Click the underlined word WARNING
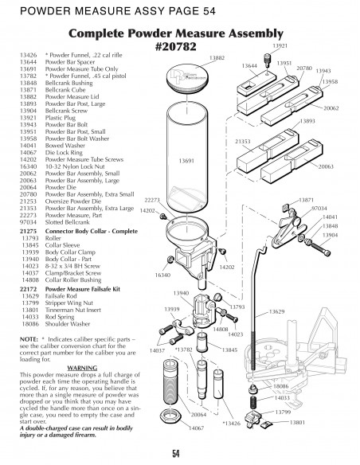[x=70, y=367]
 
